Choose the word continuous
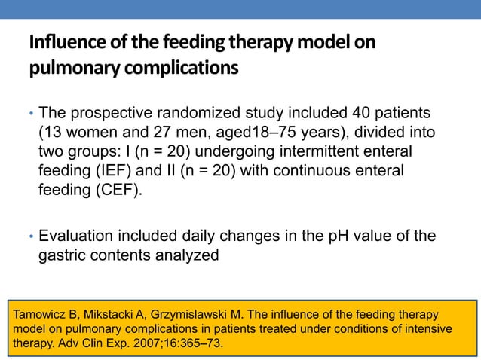coord(295,170)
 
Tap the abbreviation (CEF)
coord(115,189)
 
